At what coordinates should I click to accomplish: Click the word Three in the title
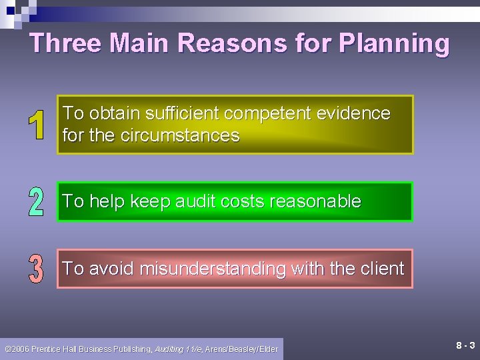67,43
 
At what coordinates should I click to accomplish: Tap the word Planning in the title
394,43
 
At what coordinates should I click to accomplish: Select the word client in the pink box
382,269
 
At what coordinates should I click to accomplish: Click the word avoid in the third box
110,269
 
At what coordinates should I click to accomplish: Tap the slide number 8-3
465,345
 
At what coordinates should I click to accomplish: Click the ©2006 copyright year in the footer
15,349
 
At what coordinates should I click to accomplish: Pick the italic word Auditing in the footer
169,349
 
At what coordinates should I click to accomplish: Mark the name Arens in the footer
217,349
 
